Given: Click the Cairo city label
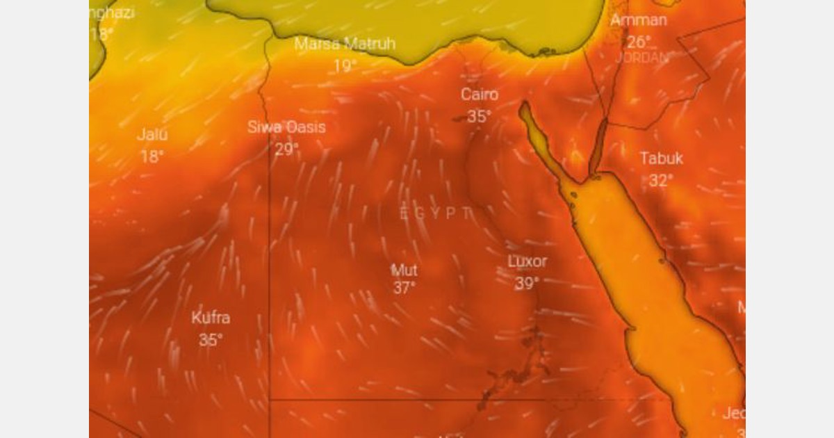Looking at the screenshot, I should pos(480,95).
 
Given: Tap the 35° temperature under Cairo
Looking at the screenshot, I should pos(479,117).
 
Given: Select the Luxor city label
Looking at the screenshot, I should pos(528,261).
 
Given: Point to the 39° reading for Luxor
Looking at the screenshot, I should pos(527,284).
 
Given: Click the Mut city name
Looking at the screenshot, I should pos(404,269).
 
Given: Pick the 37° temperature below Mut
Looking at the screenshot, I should pos(404,288).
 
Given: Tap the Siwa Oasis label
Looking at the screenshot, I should pos(286,127).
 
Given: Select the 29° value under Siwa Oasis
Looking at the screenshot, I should pos(286,149).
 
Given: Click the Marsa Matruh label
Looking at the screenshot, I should pos(345,44).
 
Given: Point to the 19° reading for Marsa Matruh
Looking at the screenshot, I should pos(345,66).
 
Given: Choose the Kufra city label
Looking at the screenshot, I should pos(211,318).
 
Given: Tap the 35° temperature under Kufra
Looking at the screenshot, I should pos(211,340).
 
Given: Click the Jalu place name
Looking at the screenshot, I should pos(152,135).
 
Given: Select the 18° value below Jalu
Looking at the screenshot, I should pos(152,156).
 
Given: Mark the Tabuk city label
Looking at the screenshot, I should pos(661,159).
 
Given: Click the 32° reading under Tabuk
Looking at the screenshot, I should pos(661,181).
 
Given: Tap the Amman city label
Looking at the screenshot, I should pos(639,20).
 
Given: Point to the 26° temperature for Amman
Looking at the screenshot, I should pos(639,42).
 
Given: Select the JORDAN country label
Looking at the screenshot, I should pos(641,58).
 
